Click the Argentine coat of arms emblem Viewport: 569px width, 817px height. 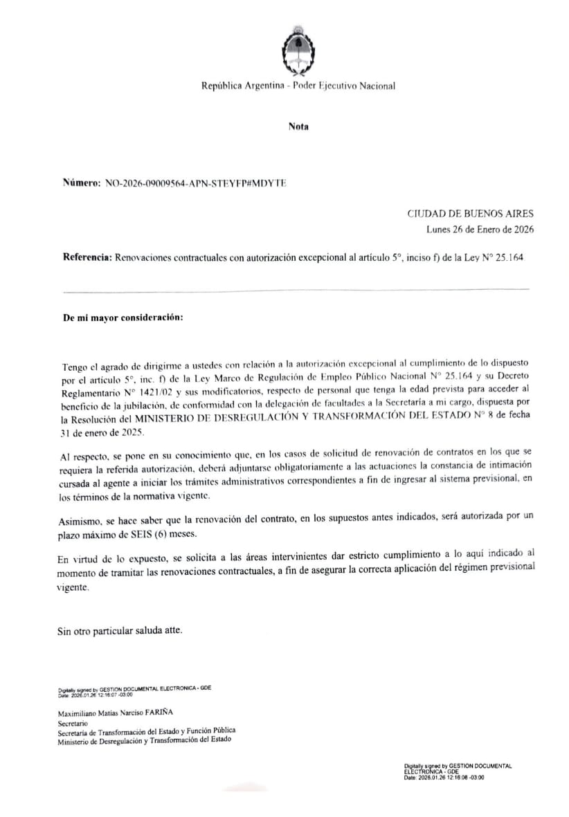click(298, 51)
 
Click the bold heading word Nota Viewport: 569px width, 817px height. click(298, 127)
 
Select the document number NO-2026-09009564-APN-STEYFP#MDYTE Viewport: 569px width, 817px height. click(195, 183)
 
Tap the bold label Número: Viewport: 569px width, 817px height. click(82, 183)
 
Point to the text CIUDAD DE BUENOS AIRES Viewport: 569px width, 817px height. click(470, 214)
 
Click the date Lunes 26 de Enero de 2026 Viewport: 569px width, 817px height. click(480, 229)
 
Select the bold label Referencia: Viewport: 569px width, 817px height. click(87, 257)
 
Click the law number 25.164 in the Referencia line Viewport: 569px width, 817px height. click(510, 257)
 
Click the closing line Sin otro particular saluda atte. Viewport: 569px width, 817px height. click(120, 631)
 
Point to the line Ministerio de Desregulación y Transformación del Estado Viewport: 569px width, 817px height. click(145, 740)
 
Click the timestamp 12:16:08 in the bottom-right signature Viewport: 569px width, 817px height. click(456, 778)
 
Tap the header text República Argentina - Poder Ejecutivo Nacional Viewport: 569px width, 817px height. click(298, 86)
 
